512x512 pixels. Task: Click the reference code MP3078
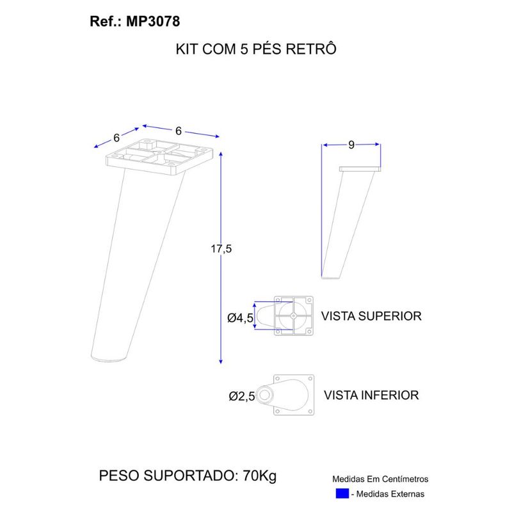(153, 22)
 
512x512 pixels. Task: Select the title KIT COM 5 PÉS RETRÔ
(256, 49)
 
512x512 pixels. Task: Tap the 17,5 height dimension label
(221, 249)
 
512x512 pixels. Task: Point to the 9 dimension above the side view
(351, 145)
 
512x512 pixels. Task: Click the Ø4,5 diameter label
(241, 317)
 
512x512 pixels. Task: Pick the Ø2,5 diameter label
(242, 396)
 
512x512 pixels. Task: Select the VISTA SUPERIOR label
(371, 316)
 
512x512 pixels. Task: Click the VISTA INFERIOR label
(371, 395)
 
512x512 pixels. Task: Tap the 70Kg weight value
(260, 476)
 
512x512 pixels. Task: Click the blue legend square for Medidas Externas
(342, 493)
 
